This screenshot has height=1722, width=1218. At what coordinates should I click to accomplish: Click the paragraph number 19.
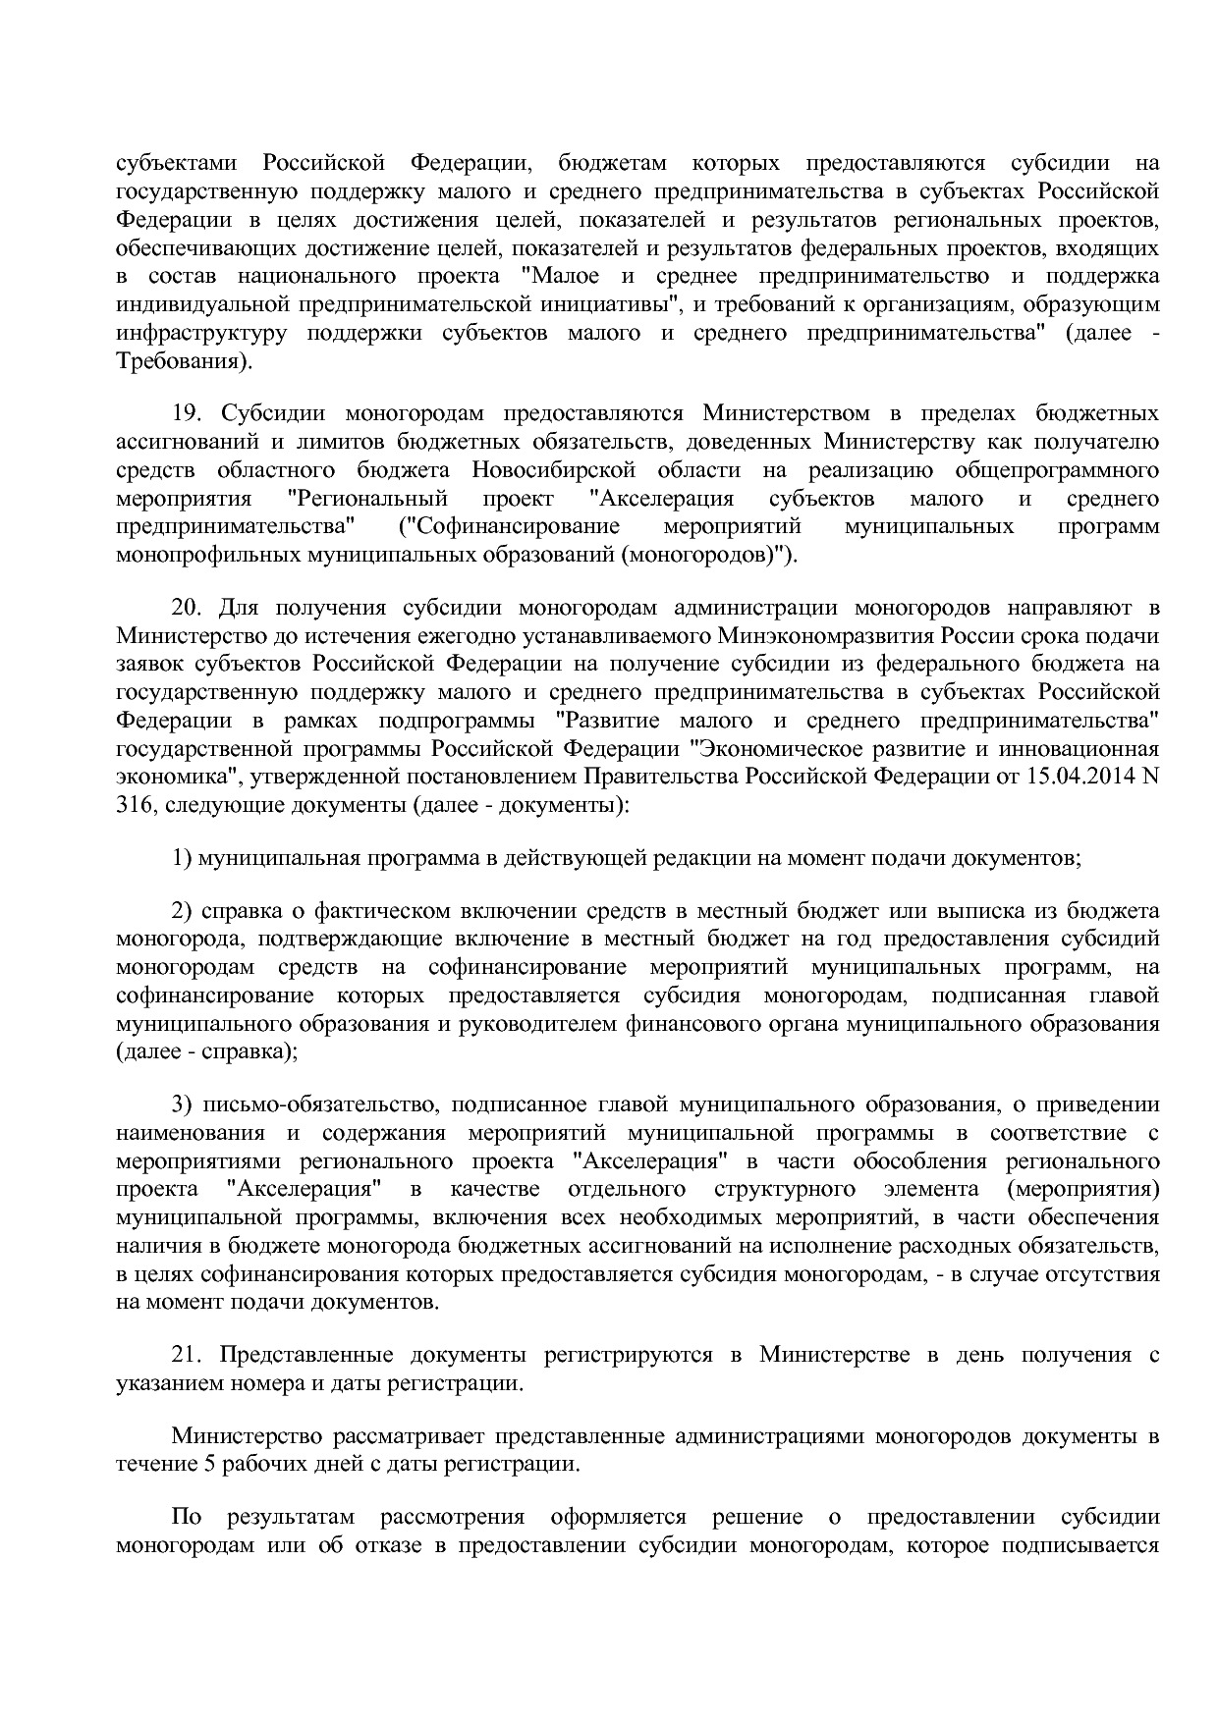[x=187, y=413]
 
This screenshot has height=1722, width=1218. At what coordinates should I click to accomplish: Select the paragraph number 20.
[x=187, y=608]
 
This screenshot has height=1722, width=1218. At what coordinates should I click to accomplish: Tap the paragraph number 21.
[x=187, y=1356]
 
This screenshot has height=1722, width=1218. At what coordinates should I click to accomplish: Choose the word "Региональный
[x=367, y=499]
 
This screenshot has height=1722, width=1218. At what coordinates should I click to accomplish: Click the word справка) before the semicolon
[x=247, y=1051]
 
